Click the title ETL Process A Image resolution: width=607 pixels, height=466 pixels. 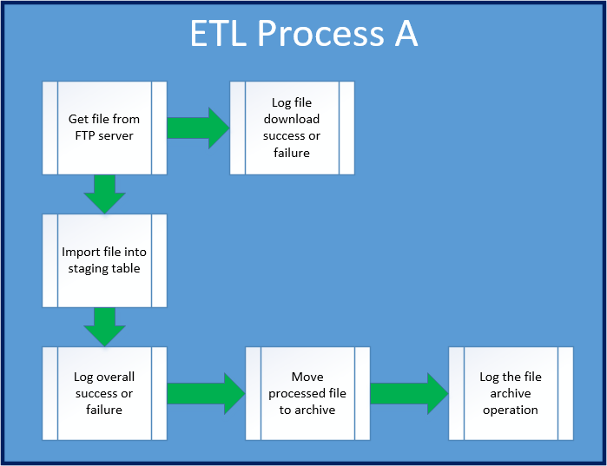(x=304, y=33)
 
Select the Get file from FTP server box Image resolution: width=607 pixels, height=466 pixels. (x=104, y=128)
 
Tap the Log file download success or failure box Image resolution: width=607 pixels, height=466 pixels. (x=292, y=128)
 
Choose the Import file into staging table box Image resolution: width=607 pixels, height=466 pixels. (x=104, y=260)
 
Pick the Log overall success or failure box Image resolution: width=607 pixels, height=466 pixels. (x=104, y=393)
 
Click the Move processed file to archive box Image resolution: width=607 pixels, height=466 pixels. (x=307, y=393)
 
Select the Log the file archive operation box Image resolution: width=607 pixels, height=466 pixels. (x=511, y=393)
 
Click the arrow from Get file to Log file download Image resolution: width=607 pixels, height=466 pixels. (x=198, y=128)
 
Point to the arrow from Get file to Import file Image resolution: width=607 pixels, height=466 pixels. (x=104, y=194)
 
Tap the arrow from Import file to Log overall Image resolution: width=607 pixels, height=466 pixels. (x=104, y=327)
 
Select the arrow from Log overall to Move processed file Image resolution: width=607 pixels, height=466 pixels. (x=206, y=394)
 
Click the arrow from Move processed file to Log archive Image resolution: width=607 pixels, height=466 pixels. (x=409, y=394)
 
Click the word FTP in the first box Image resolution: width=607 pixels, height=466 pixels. (x=85, y=135)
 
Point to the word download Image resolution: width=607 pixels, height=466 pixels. (x=292, y=119)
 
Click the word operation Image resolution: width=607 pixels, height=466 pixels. (x=511, y=410)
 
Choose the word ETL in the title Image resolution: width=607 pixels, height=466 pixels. (x=218, y=33)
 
